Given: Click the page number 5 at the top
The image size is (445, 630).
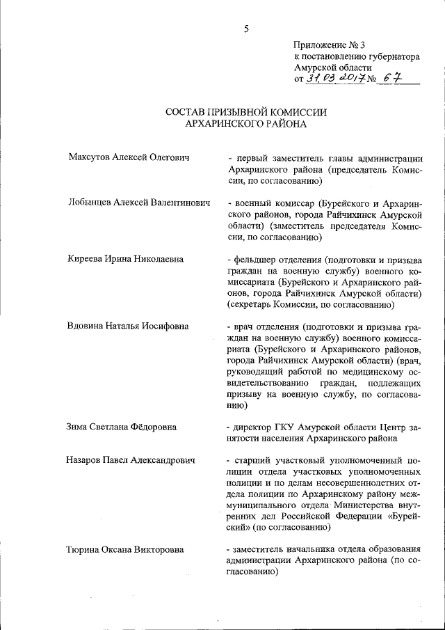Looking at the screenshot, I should pos(246,29).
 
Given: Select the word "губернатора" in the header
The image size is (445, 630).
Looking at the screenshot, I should pos(391,56).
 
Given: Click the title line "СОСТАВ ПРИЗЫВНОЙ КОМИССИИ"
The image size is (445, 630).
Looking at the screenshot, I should pos(245,112).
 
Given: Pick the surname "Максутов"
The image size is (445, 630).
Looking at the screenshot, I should pos(88,158).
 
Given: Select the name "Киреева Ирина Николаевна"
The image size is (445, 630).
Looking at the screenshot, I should pos(125,259).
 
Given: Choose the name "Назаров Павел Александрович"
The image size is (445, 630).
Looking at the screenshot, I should pos(130,460).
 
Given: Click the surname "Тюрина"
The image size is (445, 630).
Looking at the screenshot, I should pos(83,550).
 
